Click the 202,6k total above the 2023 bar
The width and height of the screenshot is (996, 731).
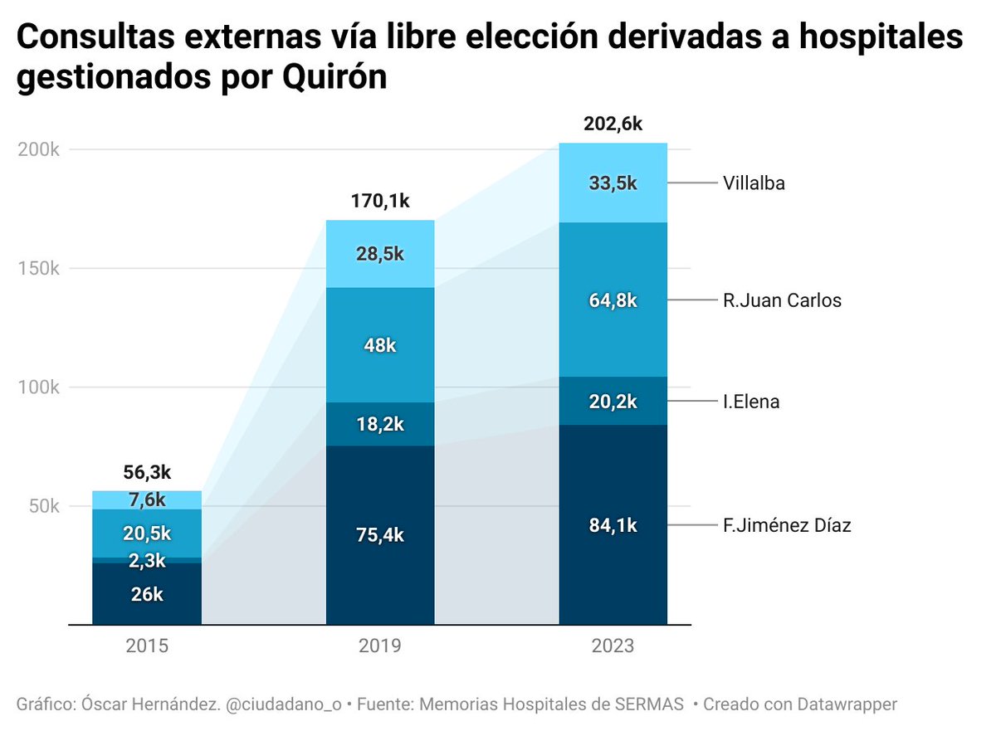(613, 124)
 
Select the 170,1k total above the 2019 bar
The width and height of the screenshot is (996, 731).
(379, 202)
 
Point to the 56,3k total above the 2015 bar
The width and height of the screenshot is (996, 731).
(146, 472)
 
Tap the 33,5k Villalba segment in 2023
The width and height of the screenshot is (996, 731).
(613, 183)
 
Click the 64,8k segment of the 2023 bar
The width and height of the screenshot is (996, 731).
(613, 300)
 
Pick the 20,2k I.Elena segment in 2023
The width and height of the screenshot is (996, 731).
(613, 402)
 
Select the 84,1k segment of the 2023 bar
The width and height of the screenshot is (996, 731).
(613, 525)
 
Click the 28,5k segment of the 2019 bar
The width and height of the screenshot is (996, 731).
(379, 254)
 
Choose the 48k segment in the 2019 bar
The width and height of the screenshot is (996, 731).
(379, 346)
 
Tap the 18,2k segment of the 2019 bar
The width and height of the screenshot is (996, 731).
(379, 425)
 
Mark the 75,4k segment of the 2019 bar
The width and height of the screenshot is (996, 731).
(379, 535)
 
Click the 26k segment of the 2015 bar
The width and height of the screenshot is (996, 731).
(146, 594)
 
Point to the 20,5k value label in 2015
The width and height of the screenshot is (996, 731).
(146, 533)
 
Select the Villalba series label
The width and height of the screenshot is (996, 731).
(754, 183)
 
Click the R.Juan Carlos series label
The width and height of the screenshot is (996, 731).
(782, 300)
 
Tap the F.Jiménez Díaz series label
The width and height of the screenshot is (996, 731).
(787, 525)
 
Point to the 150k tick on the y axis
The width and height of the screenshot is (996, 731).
(38, 269)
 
